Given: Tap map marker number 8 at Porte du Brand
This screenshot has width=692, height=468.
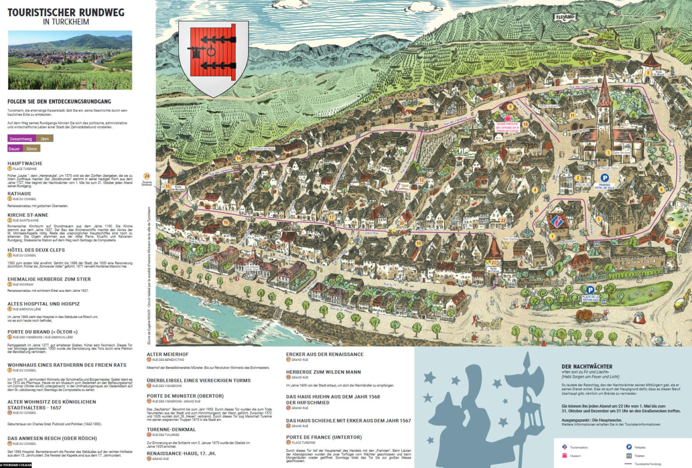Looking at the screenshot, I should [648, 73].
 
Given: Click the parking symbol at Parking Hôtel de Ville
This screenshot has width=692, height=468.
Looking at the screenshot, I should [605, 178].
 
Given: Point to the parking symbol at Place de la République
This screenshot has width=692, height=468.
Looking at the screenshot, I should [590, 290].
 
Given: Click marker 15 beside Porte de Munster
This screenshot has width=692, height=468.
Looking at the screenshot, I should [168, 186].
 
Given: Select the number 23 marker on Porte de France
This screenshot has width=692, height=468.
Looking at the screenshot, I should [494, 263].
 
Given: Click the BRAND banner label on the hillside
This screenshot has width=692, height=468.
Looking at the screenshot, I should [565, 17].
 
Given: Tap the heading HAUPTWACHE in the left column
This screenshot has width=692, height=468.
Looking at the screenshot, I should [25, 164].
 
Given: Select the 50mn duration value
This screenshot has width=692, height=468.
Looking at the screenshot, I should [32, 149].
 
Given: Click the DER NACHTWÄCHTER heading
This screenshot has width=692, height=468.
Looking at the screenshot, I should [587, 367].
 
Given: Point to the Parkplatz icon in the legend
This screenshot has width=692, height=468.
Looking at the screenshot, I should [629, 447].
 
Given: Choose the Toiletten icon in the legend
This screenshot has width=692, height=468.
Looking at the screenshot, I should [629, 455].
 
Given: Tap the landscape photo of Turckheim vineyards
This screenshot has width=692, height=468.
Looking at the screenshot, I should [70, 60].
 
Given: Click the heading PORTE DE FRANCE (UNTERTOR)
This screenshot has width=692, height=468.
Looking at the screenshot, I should [323, 437].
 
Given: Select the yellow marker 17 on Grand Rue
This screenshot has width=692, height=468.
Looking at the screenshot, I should [332, 217].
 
